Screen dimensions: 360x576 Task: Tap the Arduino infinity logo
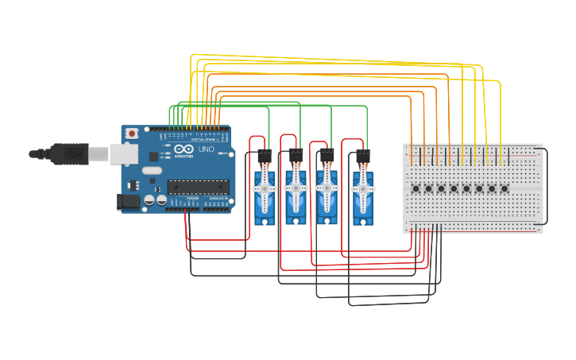tap(184, 149)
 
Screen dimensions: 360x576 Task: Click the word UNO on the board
tap(206, 149)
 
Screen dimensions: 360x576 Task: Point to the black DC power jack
tap(129, 203)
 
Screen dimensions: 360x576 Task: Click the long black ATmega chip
tap(198, 187)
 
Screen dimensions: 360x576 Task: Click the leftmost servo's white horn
tap(264, 189)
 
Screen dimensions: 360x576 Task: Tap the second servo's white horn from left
tap(296, 188)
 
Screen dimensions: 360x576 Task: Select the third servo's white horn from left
tap(326, 188)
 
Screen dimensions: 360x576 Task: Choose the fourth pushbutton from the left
tap(454, 188)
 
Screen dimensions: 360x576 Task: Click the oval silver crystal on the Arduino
tap(153, 170)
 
